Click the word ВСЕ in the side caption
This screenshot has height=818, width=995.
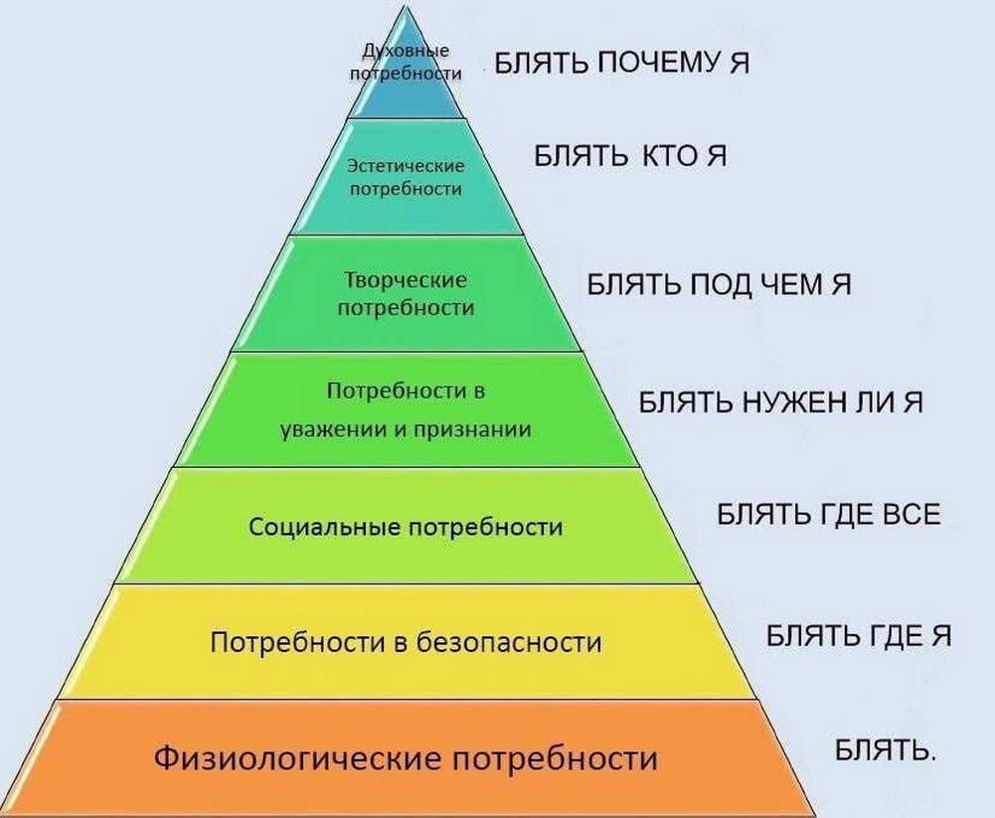912,514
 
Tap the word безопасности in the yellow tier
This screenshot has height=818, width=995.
509,643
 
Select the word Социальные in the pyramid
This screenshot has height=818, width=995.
324,527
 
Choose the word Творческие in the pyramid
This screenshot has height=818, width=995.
407,280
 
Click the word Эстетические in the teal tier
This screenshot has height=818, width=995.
407,166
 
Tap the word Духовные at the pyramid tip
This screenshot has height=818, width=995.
407,51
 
